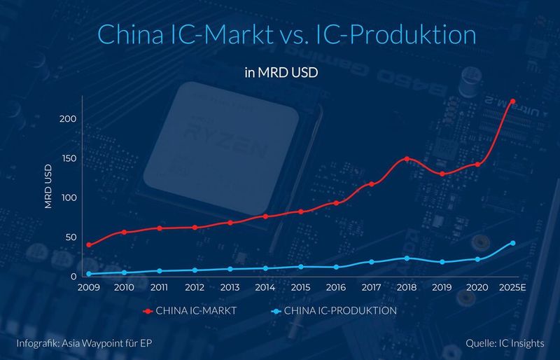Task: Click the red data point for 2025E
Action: [513, 102]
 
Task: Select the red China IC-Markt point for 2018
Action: [407, 159]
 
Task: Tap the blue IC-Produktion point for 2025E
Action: [513, 243]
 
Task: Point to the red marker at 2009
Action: [89, 245]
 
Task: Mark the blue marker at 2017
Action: [371, 262]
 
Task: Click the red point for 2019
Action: [442, 174]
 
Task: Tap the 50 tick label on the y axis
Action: [70, 237]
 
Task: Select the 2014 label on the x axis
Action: [265, 288]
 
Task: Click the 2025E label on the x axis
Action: [512, 288]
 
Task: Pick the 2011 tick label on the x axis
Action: [160, 288]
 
